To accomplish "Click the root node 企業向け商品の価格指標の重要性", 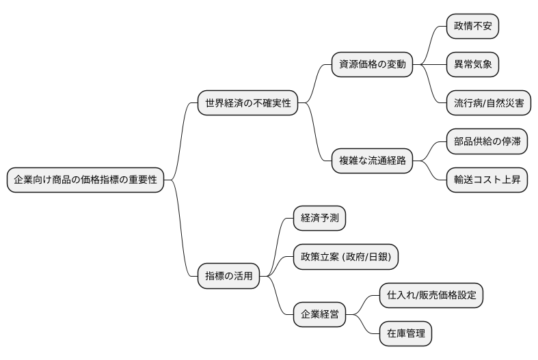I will click(85, 180).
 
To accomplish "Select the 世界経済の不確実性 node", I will click(247, 104).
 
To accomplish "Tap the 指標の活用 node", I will click(229, 276).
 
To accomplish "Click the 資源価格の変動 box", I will click(372, 65).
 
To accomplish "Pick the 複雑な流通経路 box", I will click(372, 161).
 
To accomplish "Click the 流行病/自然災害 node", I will click(488, 104).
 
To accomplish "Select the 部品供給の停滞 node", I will click(488, 142).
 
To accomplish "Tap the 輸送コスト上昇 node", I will click(488, 180).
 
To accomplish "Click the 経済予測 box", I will click(319, 219).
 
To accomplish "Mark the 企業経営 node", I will click(319, 315).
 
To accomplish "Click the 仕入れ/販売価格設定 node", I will click(431, 295).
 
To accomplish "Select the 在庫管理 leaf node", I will click(406, 334).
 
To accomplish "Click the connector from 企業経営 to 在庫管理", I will click(363, 325).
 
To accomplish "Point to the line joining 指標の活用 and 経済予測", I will click(278, 246).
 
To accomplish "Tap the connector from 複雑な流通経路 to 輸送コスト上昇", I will click(430, 172).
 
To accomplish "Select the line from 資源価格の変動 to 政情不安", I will click(430, 44).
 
